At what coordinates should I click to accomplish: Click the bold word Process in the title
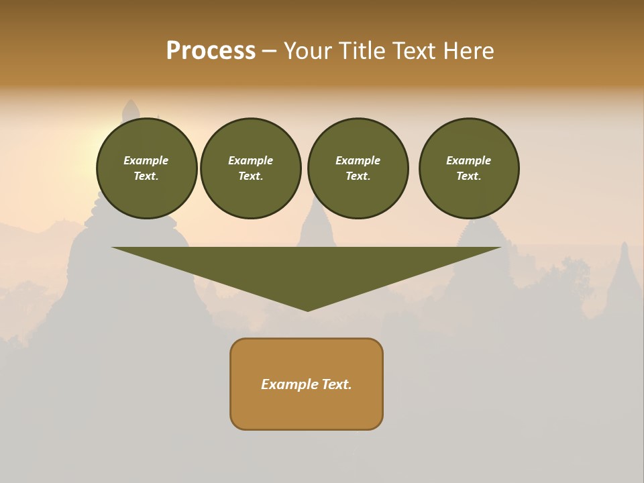point(211,51)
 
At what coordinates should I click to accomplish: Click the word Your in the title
point(308,51)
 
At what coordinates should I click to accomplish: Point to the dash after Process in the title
point(269,52)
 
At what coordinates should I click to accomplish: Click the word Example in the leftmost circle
point(146,160)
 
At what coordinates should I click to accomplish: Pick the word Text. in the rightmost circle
point(469,176)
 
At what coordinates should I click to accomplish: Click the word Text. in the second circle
point(250,176)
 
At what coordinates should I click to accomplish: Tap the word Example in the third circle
point(358,160)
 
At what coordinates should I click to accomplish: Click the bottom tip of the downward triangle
point(307,309)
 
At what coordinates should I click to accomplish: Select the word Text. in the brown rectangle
point(337,384)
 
